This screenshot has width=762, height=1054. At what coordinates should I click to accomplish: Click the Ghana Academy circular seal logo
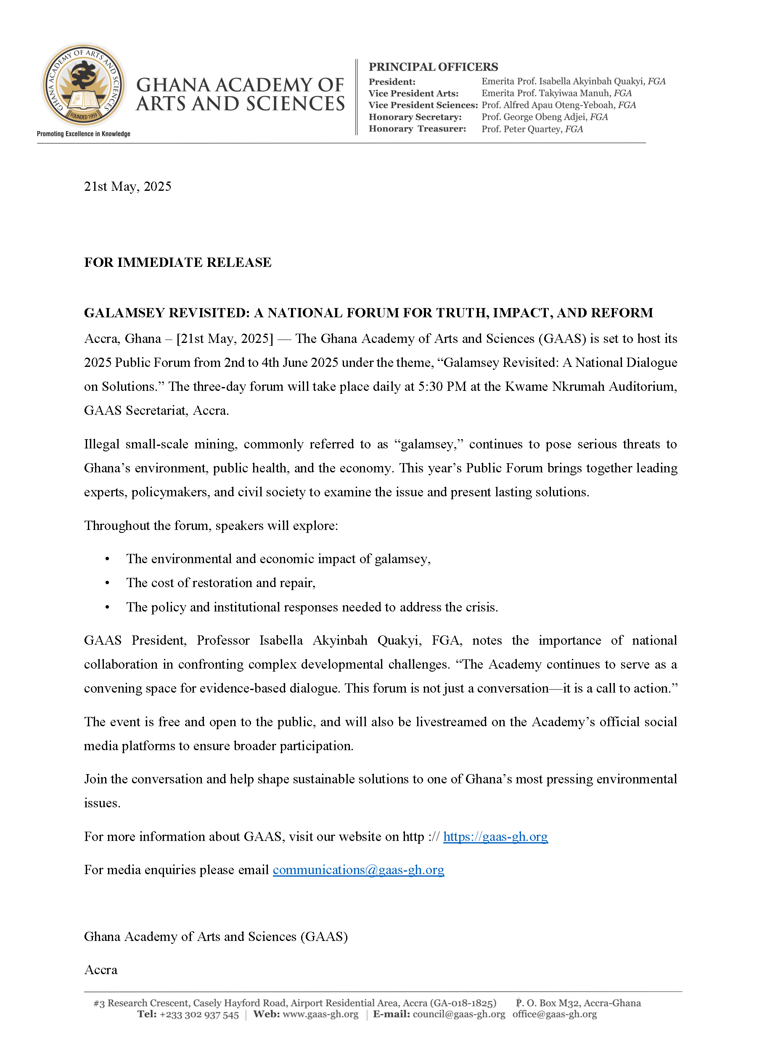[84, 85]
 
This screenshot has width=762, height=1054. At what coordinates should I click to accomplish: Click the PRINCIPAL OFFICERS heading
[433, 67]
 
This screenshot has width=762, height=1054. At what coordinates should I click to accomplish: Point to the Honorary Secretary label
[415, 117]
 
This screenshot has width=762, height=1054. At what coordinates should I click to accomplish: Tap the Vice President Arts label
[413, 93]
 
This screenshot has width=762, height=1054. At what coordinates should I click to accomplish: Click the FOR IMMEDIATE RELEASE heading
[177, 263]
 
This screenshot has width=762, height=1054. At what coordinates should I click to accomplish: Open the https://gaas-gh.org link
[495, 836]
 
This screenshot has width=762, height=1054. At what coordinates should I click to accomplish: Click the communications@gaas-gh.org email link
[358, 870]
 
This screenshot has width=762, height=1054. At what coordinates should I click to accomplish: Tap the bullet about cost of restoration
[221, 583]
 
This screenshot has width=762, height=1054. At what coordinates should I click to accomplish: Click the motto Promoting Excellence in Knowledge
[84, 134]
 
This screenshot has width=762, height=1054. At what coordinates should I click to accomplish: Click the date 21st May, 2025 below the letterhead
[127, 187]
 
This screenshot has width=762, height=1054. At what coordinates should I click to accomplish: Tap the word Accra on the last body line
[101, 970]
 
